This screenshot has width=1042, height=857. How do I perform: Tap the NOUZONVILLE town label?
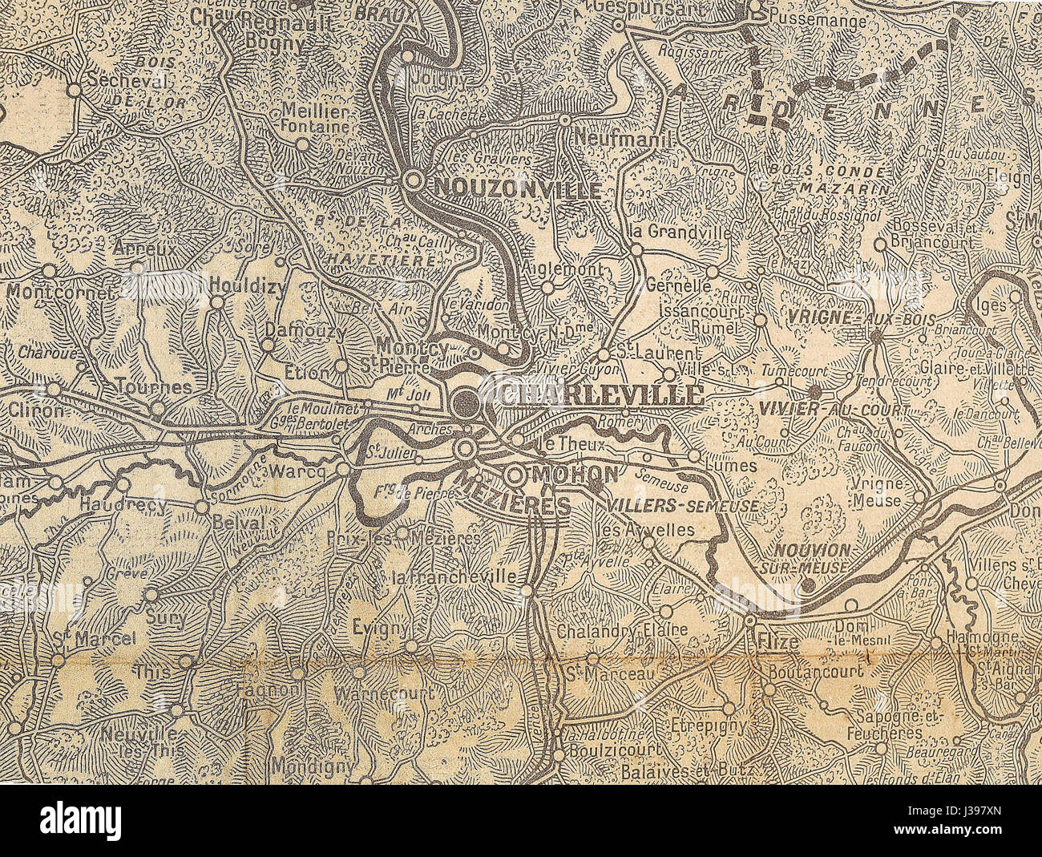516,189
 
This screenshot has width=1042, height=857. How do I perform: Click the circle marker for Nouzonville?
414,181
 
